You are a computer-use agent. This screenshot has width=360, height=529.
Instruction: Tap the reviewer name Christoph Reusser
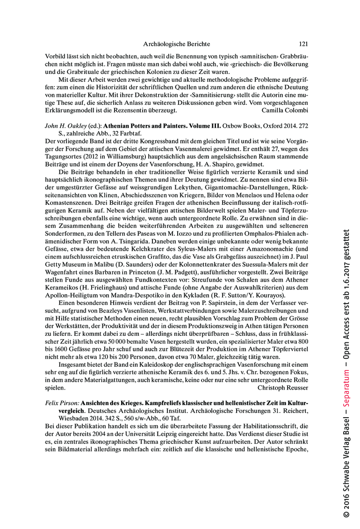coord(283,388)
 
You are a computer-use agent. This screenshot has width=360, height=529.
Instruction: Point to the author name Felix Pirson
coord(62,403)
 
